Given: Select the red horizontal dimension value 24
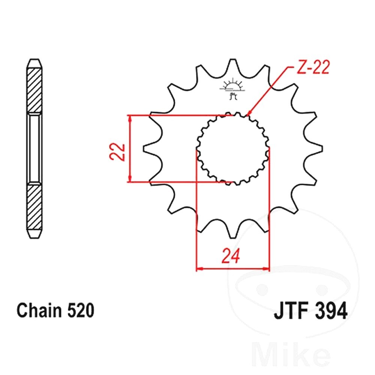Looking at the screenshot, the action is click(x=231, y=256).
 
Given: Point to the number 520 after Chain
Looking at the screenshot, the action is click(x=81, y=310).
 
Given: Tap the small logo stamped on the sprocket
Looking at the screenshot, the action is click(x=232, y=90).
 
